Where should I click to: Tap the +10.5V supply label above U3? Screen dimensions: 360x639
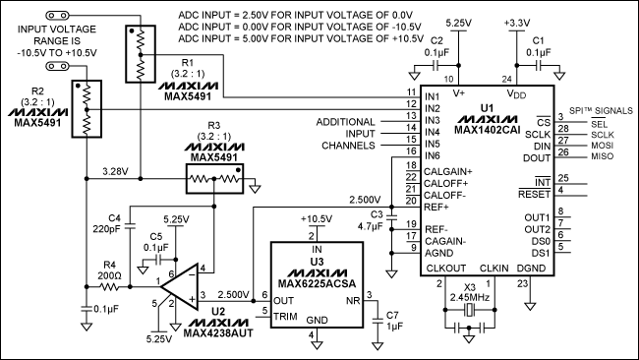(x=313, y=218)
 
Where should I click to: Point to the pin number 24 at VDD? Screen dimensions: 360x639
(x=507, y=78)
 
